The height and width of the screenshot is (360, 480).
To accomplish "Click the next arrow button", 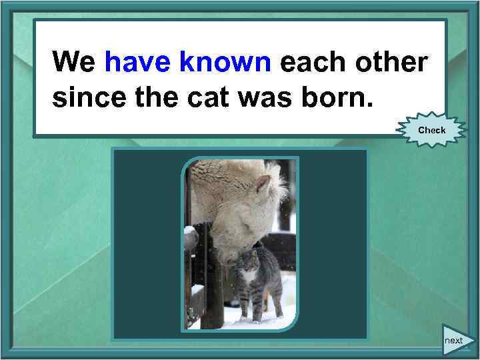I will tap(457, 339).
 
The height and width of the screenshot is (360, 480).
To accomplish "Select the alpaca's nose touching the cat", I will tap(230, 255).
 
